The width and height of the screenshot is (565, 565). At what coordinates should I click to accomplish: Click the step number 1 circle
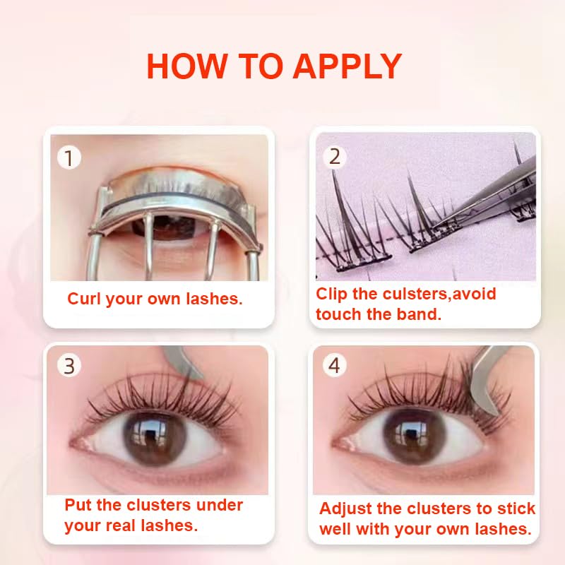point(69,157)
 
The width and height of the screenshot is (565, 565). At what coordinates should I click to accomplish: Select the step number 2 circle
point(335,156)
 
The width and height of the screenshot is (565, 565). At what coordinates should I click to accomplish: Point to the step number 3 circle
point(69,366)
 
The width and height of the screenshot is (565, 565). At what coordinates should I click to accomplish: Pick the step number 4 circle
point(335,366)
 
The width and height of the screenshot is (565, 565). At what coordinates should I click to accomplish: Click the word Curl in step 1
point(84,299)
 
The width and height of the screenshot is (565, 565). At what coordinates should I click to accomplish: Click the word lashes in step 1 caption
point(215,299)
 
